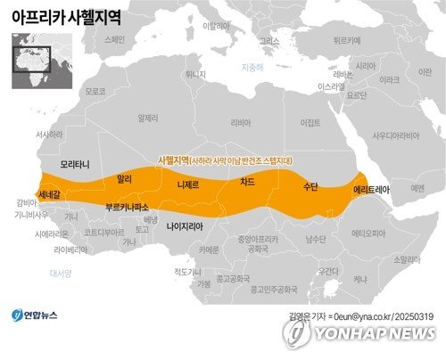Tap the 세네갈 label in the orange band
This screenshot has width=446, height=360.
click(48, 193)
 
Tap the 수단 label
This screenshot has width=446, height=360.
click(311, 187)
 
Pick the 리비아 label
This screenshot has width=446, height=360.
click(241, 122)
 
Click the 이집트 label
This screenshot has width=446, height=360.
click(310, 122)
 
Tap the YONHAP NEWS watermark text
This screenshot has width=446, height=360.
click(368, 333)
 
